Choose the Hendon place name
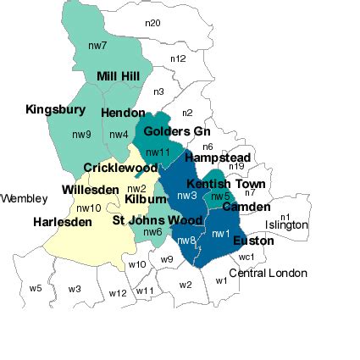tap(122, 113)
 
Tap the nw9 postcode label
tap(81, 135)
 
